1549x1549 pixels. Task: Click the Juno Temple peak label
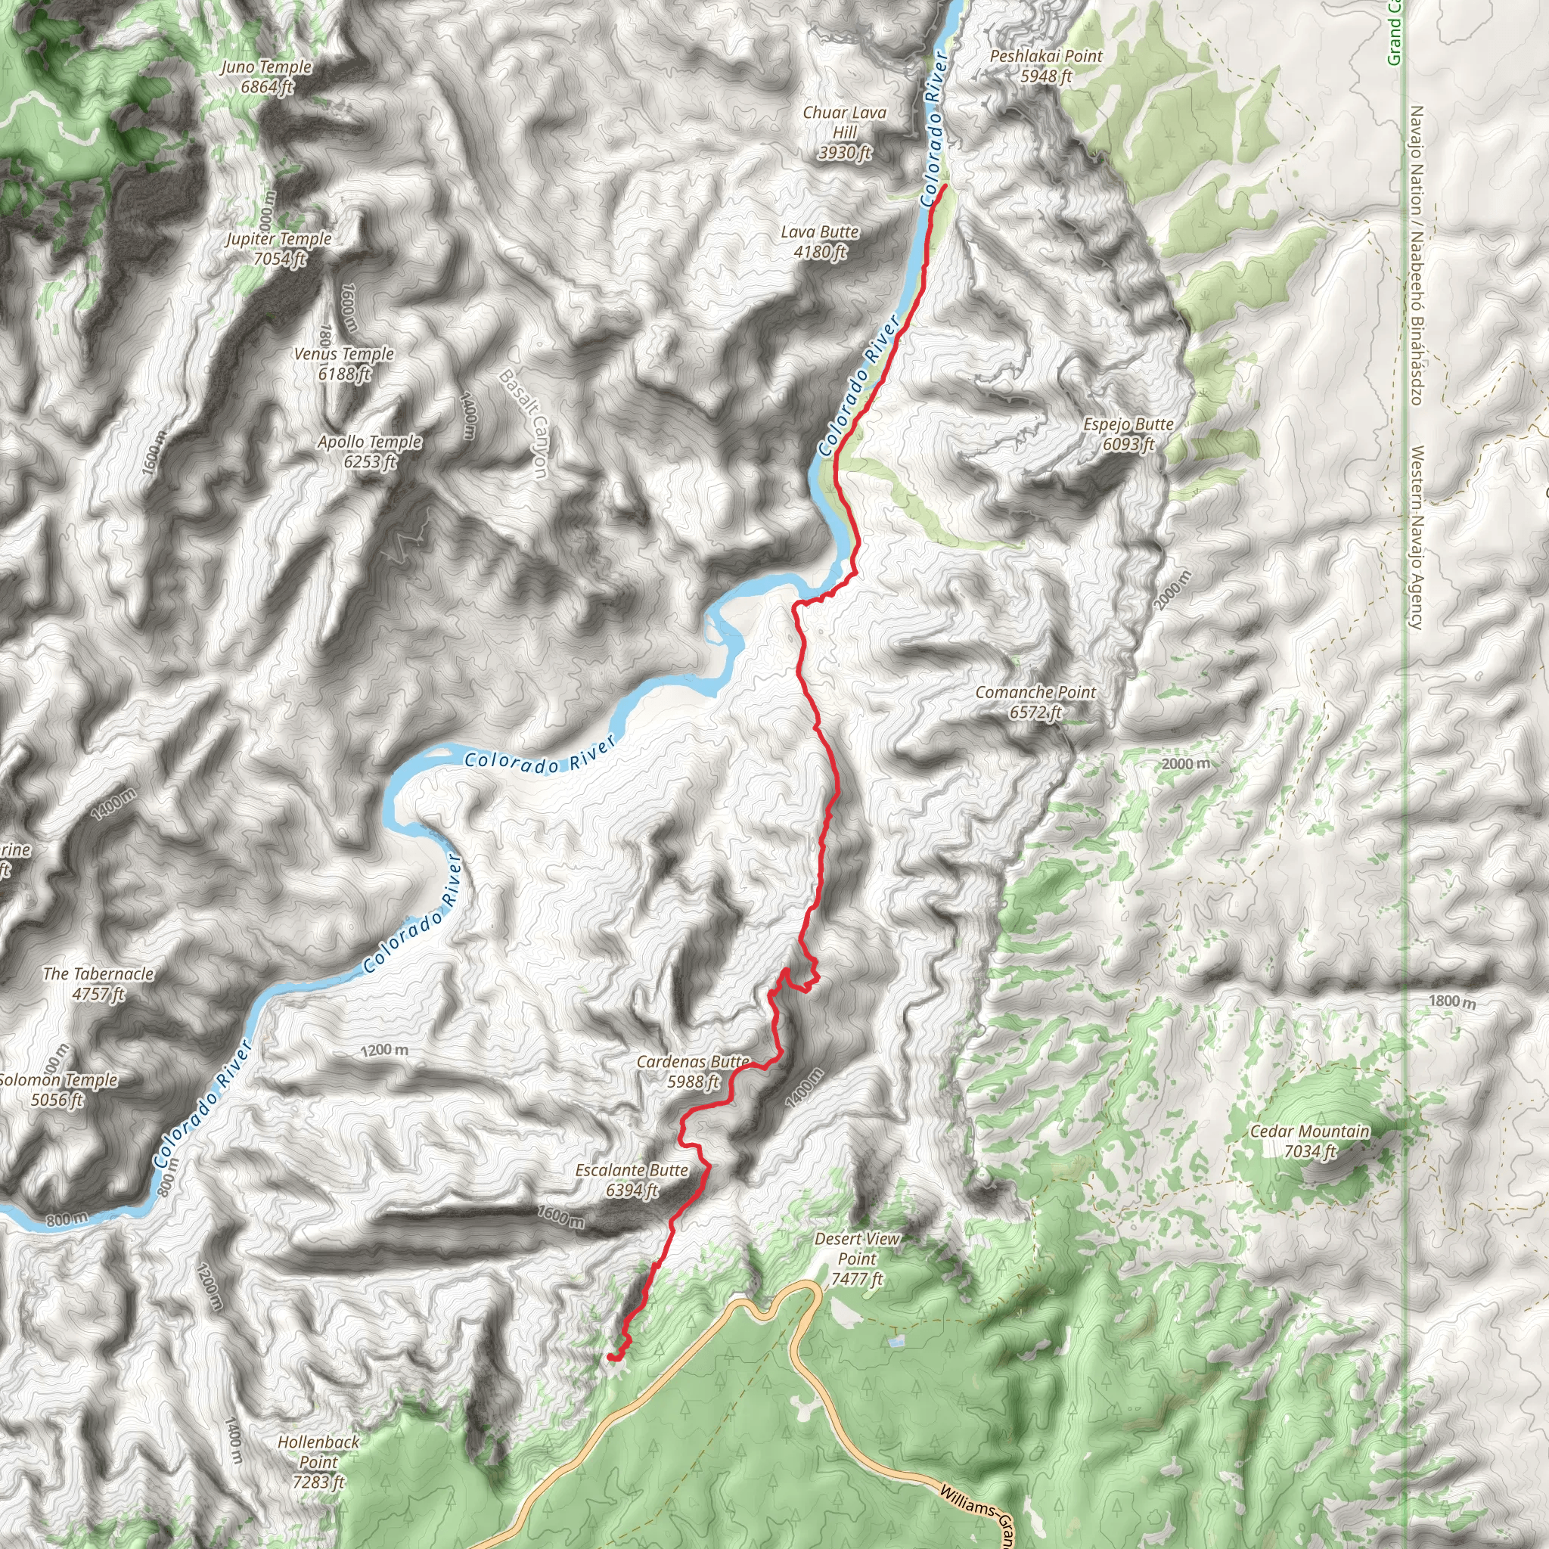[267, 77]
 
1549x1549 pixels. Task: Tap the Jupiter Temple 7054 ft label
[278, 249]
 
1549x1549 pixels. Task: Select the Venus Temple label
[344, 363]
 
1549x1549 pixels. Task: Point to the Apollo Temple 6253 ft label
[370, 452]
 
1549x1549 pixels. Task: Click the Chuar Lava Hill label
[845, 132]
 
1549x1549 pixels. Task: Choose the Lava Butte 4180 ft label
[819, 241]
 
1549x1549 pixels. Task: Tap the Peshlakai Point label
[1045, 66]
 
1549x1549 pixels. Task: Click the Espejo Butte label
[1128, 433]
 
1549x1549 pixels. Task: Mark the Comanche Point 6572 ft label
[1035, 702]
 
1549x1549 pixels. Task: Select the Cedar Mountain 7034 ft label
[1309, 1141]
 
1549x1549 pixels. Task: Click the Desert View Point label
[856, 1258]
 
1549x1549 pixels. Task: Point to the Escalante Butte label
[632, 1180]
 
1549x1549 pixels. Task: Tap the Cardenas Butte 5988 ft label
[694, 1071]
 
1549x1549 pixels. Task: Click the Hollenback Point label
[318, 1461]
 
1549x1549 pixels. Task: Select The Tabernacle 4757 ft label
[98, 983]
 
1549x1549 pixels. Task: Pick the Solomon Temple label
[57, 1089]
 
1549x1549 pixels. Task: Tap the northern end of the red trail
[945, 186]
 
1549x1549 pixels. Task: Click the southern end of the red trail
[610, 1356]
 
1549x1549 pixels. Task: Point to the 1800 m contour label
[1451, 1001]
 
